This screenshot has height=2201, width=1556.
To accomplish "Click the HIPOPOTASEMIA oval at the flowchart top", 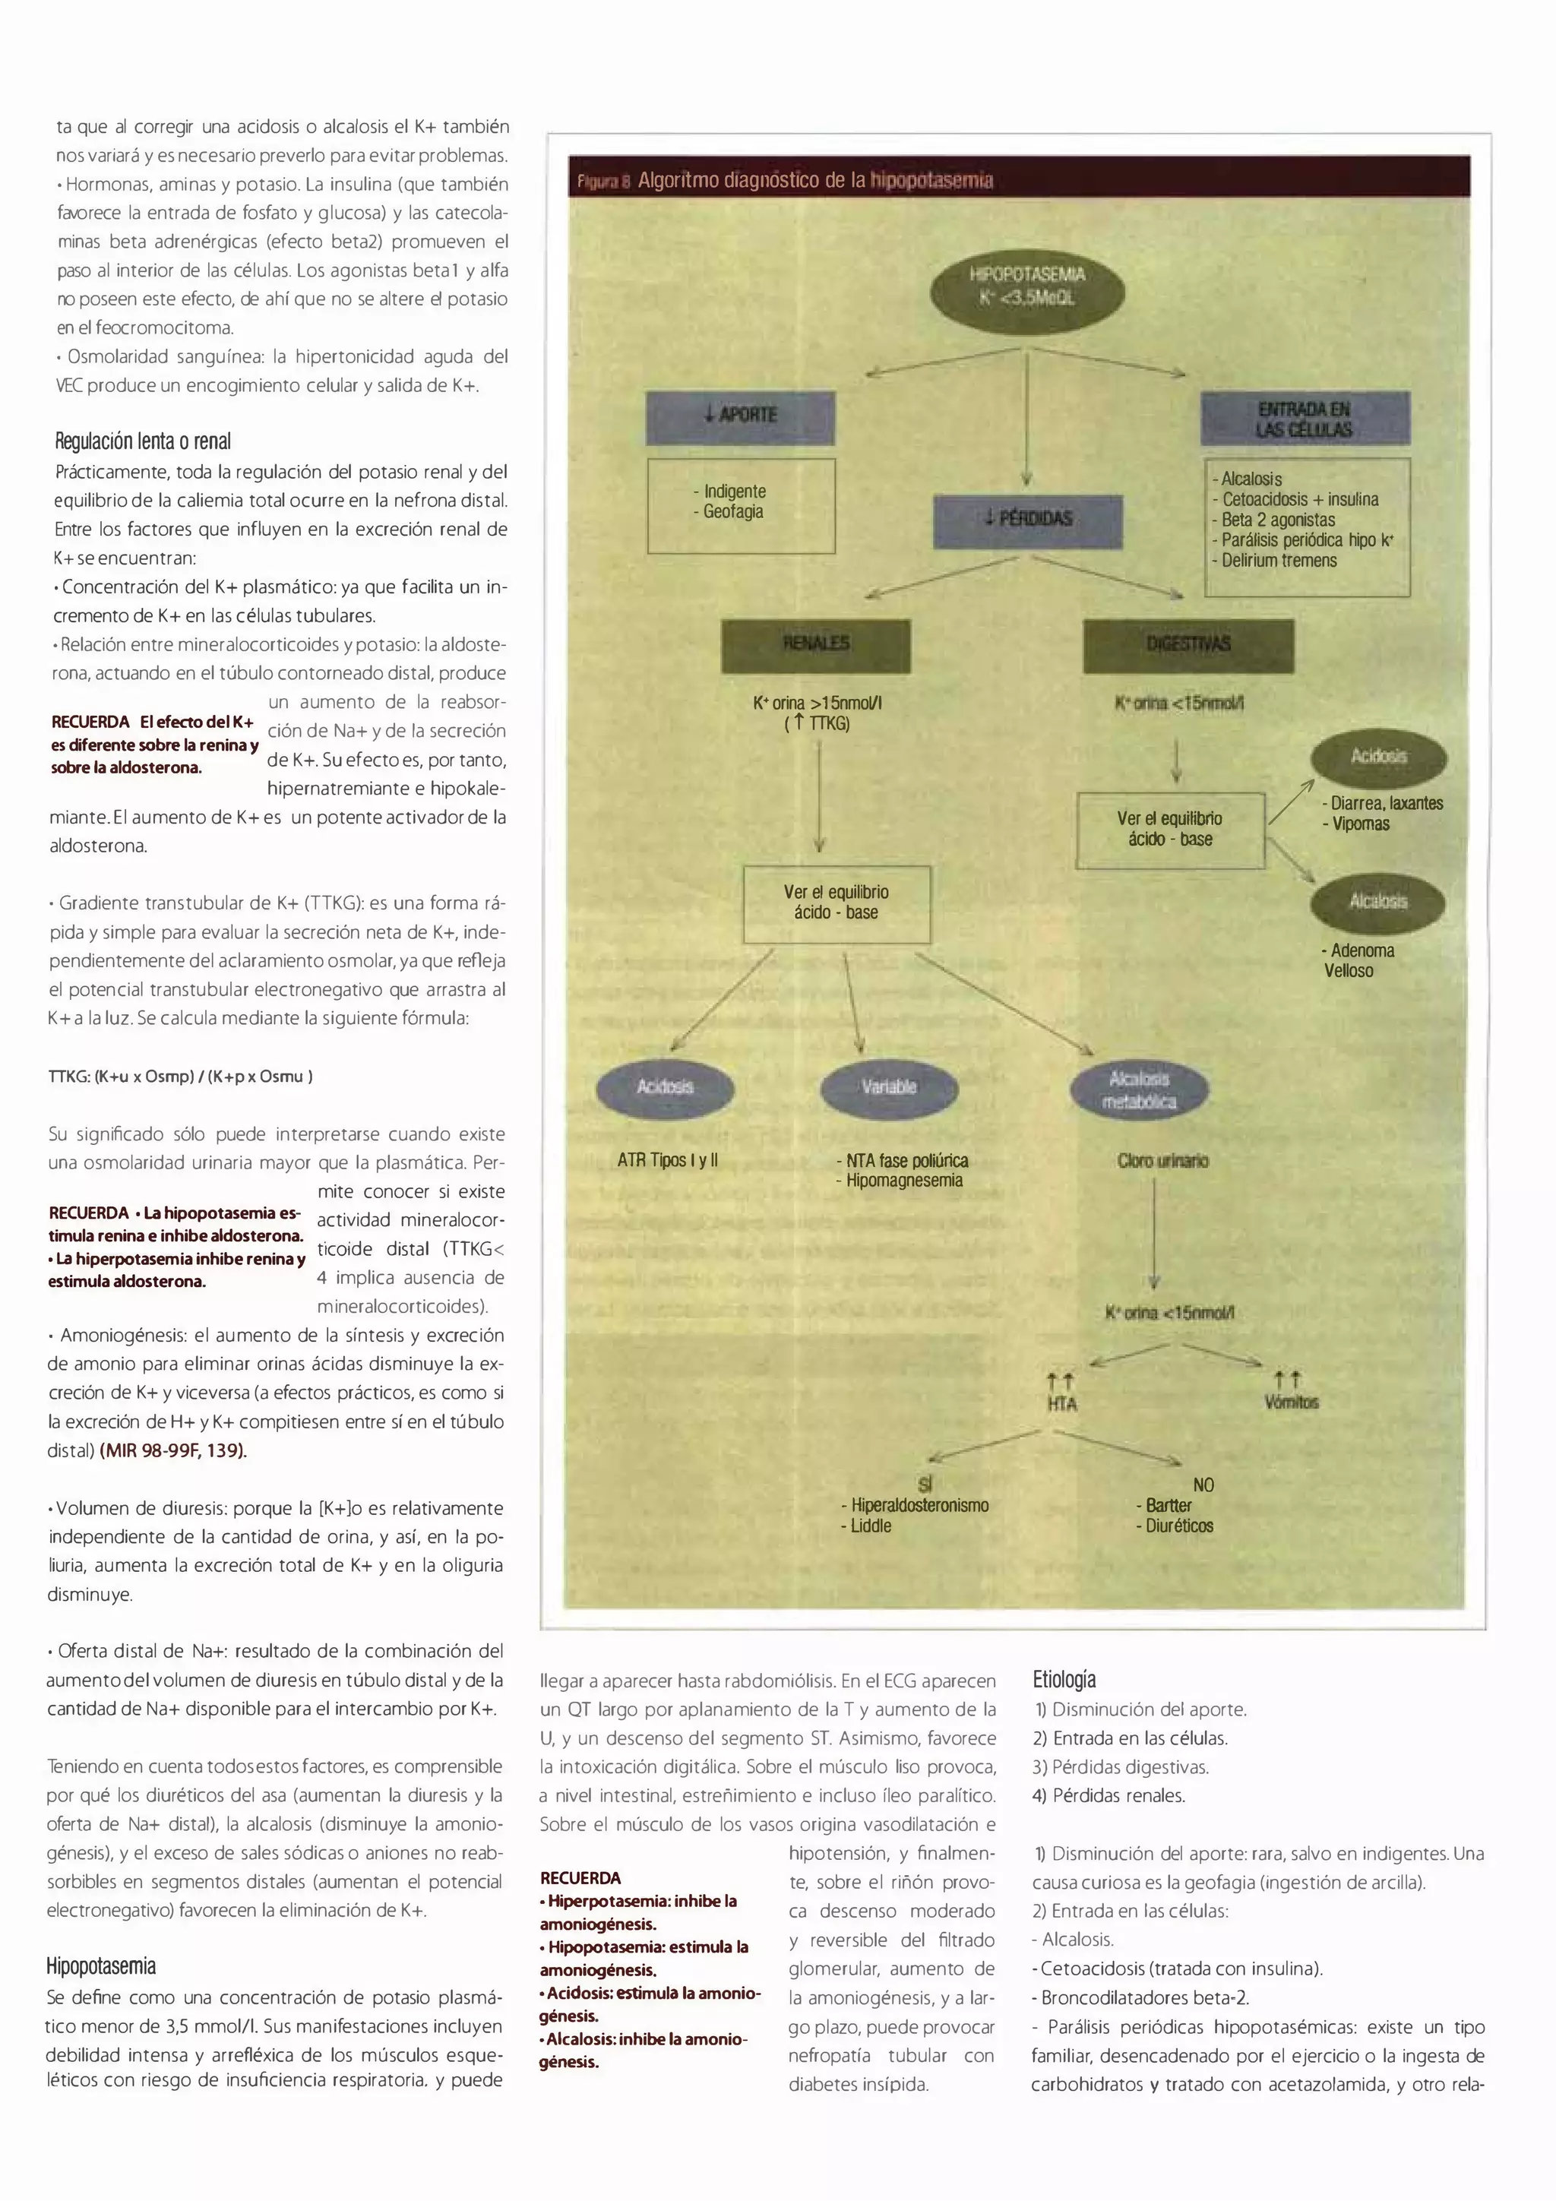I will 1026,286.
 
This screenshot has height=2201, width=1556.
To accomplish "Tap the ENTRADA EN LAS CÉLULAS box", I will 1304,419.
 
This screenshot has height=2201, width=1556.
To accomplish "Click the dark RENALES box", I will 815,644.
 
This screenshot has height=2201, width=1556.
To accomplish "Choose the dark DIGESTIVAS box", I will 1188,644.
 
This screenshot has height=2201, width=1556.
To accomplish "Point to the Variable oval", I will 889,1087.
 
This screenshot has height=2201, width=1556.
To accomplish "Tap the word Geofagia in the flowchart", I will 733,512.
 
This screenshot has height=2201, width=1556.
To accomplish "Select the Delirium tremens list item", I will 1278,561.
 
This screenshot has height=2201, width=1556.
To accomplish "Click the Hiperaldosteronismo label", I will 919,1505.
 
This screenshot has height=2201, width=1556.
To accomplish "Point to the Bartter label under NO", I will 1168,1505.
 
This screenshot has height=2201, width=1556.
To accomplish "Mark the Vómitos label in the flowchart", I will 1290,1403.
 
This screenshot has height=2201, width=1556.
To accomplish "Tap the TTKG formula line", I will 180,1077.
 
